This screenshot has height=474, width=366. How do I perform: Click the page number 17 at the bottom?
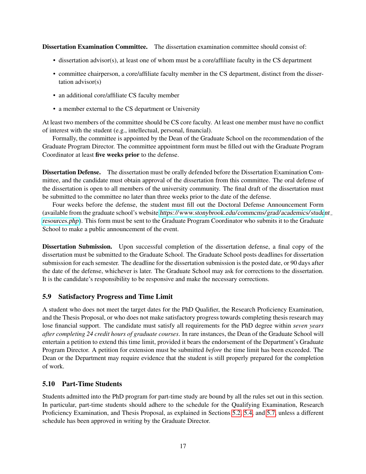[x=183, y=446]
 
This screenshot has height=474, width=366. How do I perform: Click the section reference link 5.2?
[x=236, y=413]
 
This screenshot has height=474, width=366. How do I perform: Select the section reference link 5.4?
[x=248, y=413]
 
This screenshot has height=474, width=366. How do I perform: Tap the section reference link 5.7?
[x=271, y=413]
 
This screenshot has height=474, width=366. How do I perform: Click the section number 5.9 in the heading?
[x=47, y=297]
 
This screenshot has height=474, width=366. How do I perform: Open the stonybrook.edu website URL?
[x=241, y=213]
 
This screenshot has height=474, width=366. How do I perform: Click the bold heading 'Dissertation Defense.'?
[x=71, y=172]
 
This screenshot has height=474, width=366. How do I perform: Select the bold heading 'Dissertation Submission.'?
[x=77, y=247]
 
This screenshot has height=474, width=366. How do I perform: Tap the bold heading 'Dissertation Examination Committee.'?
[x=95, y=47]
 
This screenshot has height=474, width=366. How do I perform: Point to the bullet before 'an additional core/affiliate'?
[x=55, y=96]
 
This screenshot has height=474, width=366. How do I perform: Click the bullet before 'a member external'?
[x=55, y=109]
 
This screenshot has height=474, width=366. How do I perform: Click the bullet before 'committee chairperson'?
[x=55, y=74]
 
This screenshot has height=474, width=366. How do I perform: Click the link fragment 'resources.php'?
[x=61, y=221]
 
